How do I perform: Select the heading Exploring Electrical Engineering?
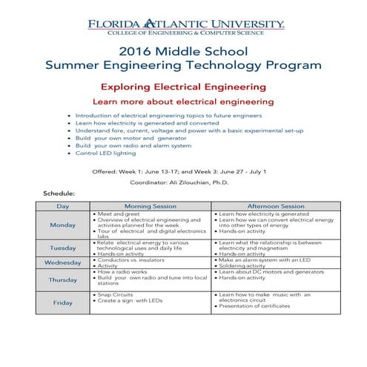click(x=183, y=86)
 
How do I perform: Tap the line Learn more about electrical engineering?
click(x=182, y=101)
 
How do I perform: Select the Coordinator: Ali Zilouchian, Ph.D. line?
click(x=183, y=182)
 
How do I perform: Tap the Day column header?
click(x=63, y=205)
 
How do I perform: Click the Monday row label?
click(x=63, y=225)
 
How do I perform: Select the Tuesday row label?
click(x=63, y=248)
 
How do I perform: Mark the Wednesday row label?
click(x=63, y=262)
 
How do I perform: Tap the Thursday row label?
click(x=63, y=280)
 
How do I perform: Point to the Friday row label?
click(x=63, y=302)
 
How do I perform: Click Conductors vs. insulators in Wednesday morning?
click(x=128, y=259)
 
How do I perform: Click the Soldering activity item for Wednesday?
click(x=245, y=265)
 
